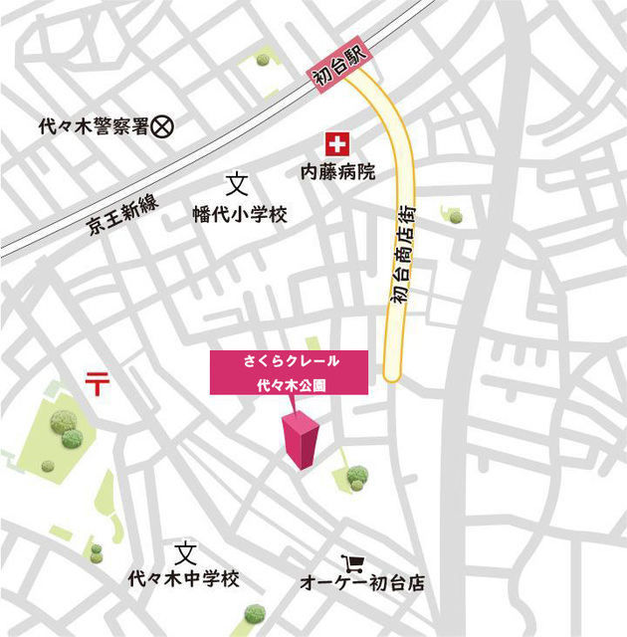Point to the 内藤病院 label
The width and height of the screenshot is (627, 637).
coord(338,172)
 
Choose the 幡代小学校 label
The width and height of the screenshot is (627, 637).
coord(239,213)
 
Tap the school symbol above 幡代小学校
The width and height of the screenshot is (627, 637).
coord(236,184)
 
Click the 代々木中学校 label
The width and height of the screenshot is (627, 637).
coord(184,578)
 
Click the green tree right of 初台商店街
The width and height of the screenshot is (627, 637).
coord(454,214)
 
